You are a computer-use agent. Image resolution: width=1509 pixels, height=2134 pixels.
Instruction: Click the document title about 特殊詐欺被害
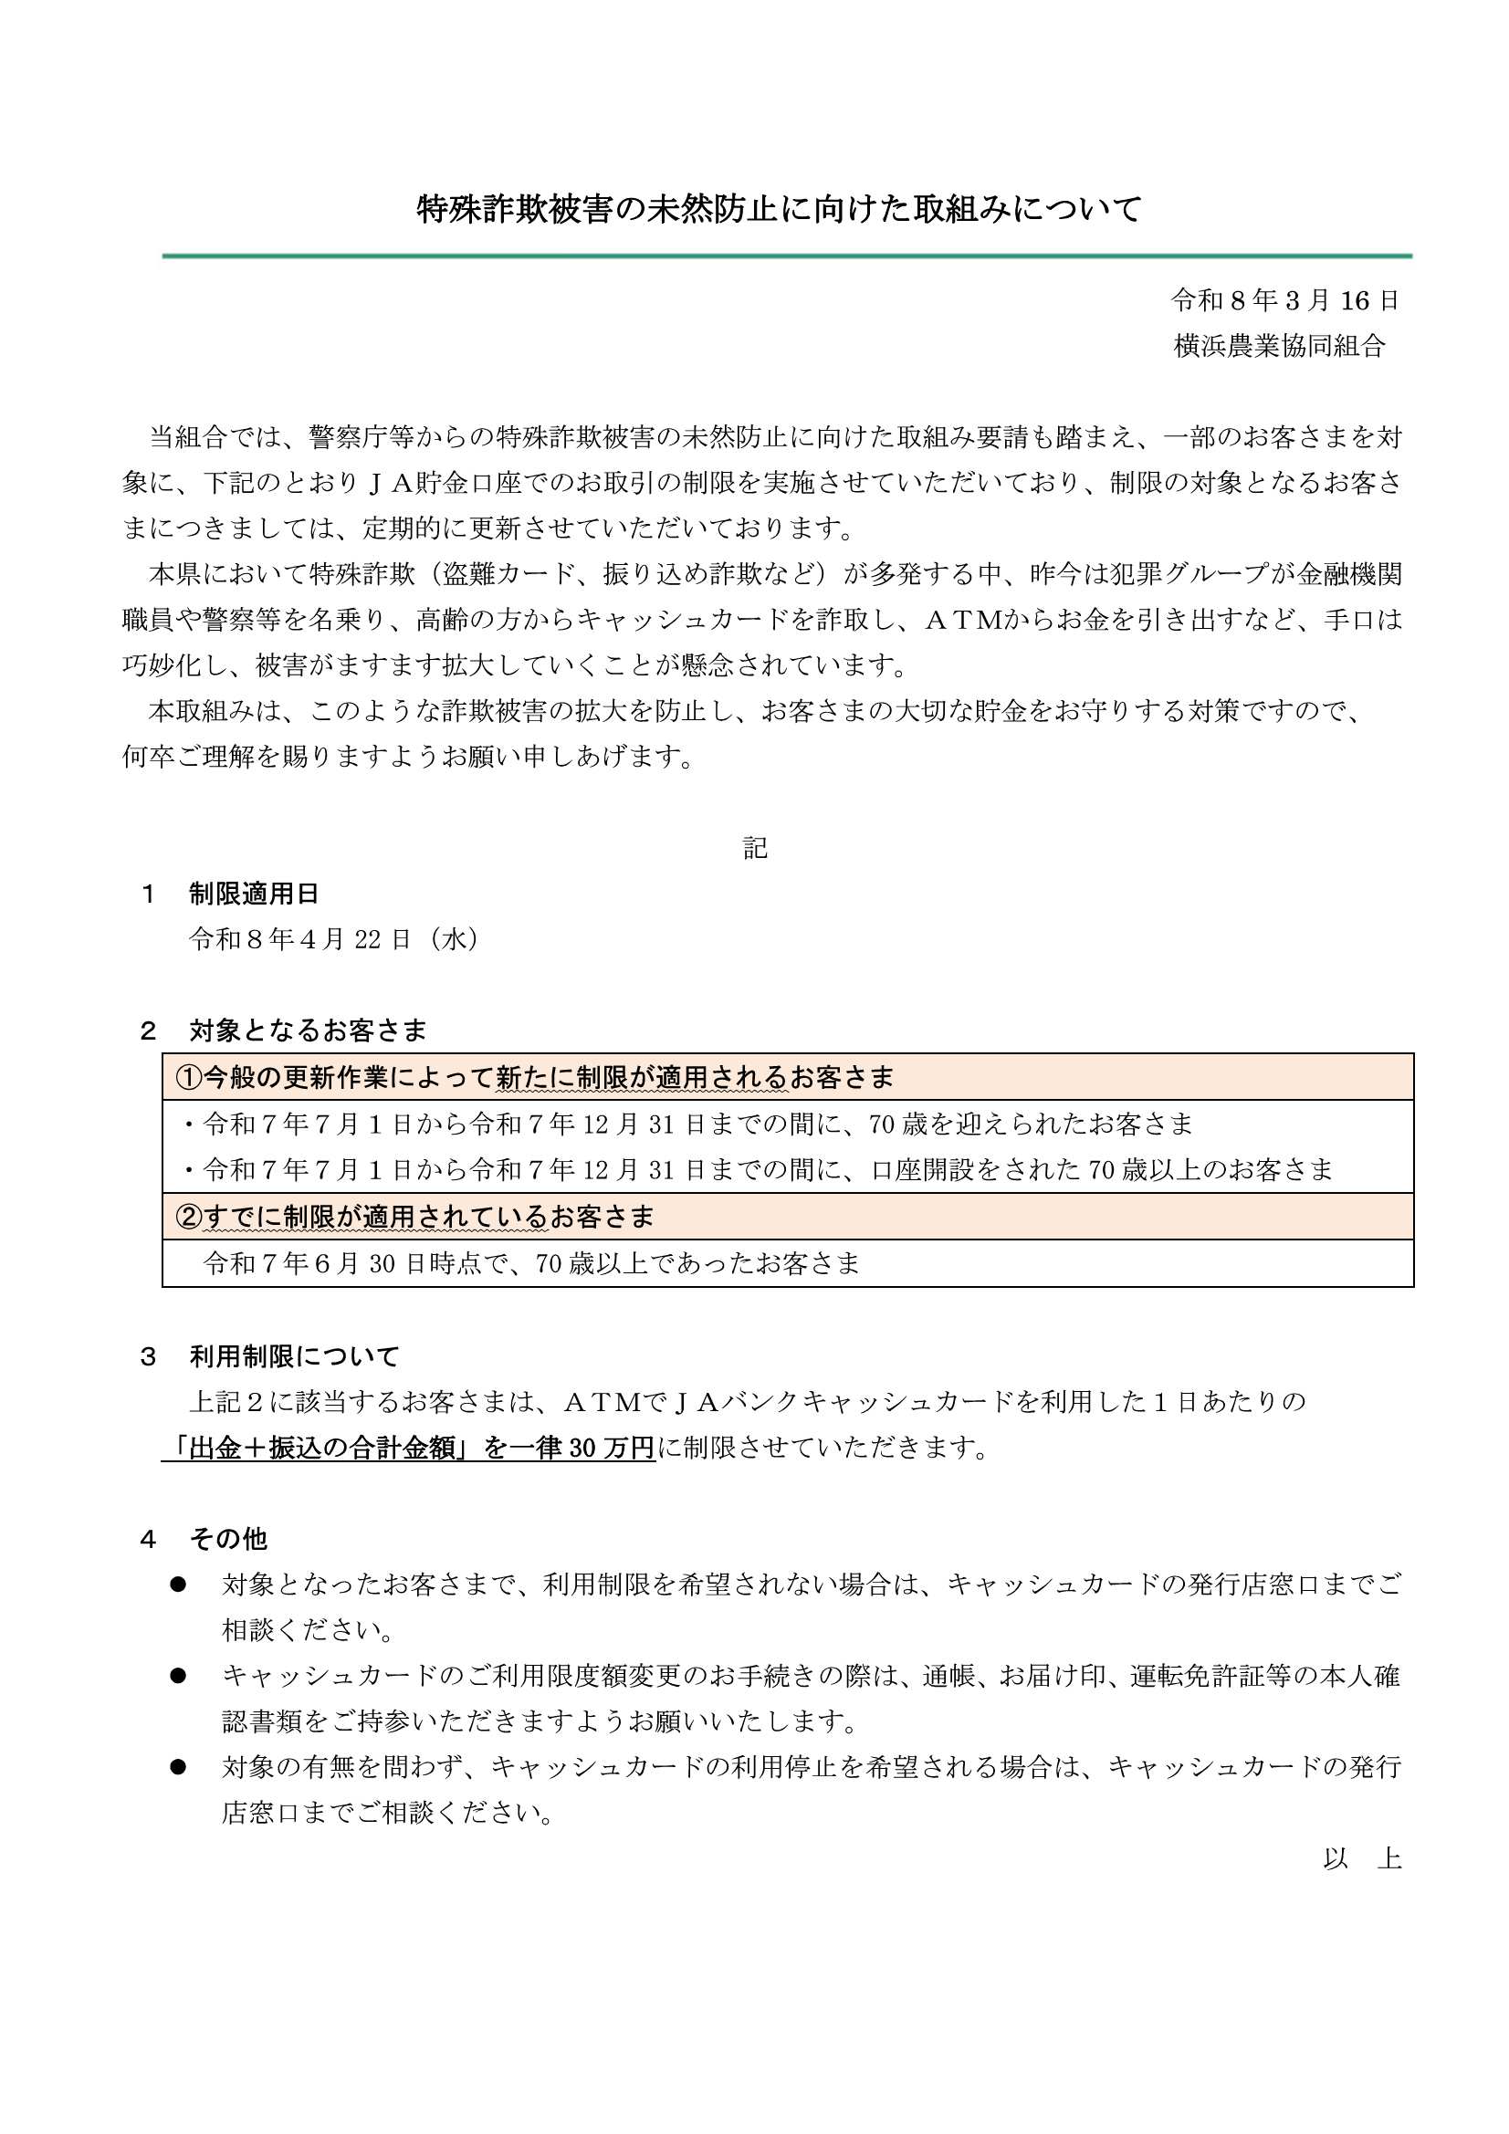(778, 210)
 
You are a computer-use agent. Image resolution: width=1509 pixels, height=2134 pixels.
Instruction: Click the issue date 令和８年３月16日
(1285, 300)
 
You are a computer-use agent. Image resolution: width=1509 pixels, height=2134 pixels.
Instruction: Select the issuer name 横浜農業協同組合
(1279, 346)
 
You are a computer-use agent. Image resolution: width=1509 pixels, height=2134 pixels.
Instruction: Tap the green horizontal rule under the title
(787, 256)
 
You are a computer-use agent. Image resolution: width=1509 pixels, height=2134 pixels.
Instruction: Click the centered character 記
(755, 848)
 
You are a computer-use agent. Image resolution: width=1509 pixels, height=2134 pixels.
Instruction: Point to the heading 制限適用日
(254, 894)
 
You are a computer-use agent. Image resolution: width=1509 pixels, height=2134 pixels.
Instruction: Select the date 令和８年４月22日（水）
(335, 939)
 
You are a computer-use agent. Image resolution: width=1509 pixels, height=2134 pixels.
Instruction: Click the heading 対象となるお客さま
(308, 1030)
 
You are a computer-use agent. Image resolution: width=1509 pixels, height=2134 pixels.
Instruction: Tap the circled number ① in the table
(189, 1077)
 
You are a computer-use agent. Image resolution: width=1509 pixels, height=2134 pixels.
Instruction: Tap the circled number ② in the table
(189, 1217)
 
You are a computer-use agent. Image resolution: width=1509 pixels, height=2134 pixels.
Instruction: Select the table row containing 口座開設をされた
(768, 1169)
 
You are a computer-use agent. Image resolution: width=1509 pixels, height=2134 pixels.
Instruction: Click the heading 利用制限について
(294, 1356)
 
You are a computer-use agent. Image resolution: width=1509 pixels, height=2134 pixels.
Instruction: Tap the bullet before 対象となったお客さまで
(179, 1585)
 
